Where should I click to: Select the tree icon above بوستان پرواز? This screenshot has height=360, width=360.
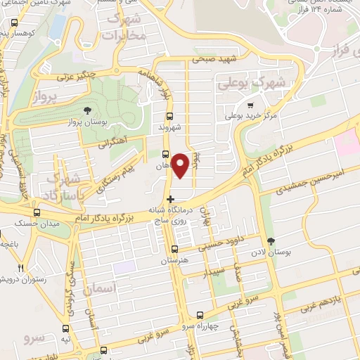[86, 110]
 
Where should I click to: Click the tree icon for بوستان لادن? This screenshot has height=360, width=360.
[281, 241]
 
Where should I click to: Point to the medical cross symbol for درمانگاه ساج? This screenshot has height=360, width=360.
[170, 199]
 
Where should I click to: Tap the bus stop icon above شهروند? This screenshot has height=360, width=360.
[169, 117]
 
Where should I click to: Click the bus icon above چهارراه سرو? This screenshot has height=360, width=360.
[200, 315]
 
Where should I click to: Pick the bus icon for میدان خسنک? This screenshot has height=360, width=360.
[37, 212]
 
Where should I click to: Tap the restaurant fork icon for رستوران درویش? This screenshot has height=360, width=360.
[20, 268]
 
